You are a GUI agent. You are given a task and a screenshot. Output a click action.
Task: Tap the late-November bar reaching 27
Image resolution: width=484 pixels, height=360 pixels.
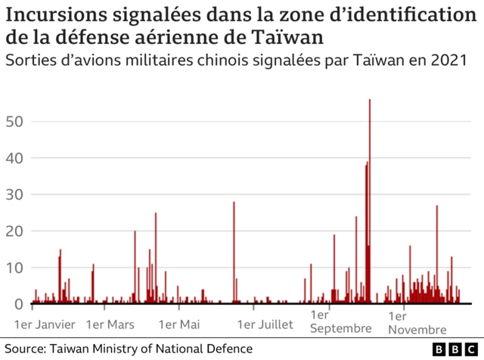(436, 254)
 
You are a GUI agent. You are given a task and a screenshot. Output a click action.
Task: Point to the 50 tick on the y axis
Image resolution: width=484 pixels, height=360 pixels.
(15, 122)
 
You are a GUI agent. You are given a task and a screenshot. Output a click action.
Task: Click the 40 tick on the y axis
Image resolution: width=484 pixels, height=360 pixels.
(15, 158)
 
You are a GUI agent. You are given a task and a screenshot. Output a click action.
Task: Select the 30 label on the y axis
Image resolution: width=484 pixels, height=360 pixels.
(15, 194)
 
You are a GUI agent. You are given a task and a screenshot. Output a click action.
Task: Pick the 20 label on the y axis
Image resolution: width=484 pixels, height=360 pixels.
(15, 231)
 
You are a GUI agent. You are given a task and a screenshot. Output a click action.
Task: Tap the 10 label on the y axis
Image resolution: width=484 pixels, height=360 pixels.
(15, 268)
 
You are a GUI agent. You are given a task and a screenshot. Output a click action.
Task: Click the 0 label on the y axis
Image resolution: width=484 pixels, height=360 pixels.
(20, 304)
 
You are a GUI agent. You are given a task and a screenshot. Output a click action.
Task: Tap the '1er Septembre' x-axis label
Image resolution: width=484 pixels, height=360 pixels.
(341, 321)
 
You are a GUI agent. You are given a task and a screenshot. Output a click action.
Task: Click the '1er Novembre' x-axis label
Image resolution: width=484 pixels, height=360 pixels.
(417, 321)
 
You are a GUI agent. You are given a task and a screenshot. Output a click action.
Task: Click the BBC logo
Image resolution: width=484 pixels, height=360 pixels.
(456, 349)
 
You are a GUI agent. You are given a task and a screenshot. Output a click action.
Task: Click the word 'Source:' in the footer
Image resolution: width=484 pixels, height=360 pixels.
(26, 349)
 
